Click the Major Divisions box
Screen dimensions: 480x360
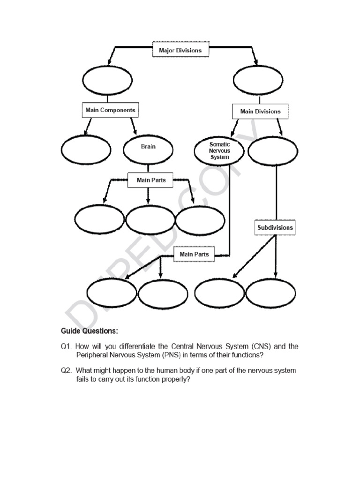[x=180, y=50]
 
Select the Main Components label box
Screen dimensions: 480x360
[x=110, y=111]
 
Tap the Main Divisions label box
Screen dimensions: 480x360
[x=260, y=112]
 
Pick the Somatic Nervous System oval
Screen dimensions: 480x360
[x=219, y=151]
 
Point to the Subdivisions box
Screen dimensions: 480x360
[x=275, y=228]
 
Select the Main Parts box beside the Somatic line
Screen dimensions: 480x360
[x=194, y=255]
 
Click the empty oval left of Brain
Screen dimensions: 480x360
[x=86, y=150]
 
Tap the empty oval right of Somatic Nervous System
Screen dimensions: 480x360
[x=272, y=151]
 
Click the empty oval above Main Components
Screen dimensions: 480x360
[x=107, y=80]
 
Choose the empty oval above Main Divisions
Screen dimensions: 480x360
[x=258, y=80]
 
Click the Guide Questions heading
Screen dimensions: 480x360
[x=90, y=331]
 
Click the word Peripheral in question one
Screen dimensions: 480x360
[x=92, y=355]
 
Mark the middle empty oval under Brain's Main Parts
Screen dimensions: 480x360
[x=150, y=220]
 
